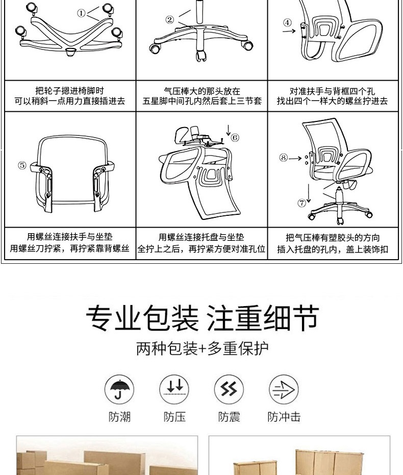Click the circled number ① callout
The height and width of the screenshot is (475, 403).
pyautogui.click(x=81, y=13)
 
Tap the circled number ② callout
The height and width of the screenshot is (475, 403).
pyautogui.click(x=169, y=20)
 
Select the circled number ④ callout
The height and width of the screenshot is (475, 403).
pyautogui.click(x=287, y=23)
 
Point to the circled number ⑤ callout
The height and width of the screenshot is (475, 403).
pyautogui.click(x=22, y=165)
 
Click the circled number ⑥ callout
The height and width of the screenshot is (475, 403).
pyautogui.click(x=235, y=138)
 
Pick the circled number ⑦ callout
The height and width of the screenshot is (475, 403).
pyautogui.click(x=301, y=203)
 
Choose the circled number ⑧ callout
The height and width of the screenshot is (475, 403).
pyautogui.click(x=284, y=158)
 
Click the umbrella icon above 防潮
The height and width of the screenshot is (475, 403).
pyautogui.click(x=119, y=389)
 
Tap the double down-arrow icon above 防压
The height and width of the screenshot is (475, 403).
pyautogui.click(x=174, y=389)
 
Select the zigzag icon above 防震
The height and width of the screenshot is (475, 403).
pyautogui.click(x=229, y=389)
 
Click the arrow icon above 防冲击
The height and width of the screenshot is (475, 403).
pyautogui.click(x=284, y=389)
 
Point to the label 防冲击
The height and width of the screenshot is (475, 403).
pyautogui.click(x=284, y=417)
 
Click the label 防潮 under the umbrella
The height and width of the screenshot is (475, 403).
pyautogui.click(x=119, y=417)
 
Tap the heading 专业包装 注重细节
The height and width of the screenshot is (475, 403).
pyautogui.click(x=202, y=318)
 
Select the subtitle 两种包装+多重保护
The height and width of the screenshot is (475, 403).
pyautogui.click(x=202, y=348)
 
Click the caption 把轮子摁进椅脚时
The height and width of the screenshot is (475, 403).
pyautogui.click(x=70, y=90)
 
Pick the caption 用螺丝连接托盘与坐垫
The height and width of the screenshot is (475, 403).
pyautogui.click(x=202, y=237)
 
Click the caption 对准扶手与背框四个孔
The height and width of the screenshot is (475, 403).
pyautogui.click(x=332, y=91)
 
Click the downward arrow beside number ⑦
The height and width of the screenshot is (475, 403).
pyautogui.click(x=309, y=193)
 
